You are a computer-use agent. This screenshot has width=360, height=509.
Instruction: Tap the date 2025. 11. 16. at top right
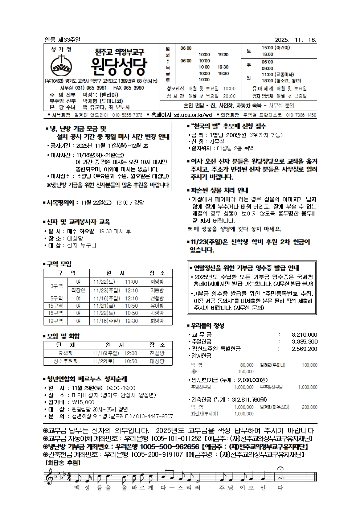point(296,40)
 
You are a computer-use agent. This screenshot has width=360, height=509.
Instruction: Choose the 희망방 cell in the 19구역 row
point(157,321)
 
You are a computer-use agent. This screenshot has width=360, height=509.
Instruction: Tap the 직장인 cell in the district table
point(78,290)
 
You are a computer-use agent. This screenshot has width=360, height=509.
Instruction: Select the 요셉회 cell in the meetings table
point(65,353)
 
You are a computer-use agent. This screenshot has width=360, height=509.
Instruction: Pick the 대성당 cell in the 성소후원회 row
point(157,361)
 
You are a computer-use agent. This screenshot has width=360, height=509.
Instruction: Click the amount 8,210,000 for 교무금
point(304,335)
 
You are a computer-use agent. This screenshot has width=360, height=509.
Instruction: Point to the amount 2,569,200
point(304,349)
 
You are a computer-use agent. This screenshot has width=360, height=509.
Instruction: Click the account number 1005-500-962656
point(169,447)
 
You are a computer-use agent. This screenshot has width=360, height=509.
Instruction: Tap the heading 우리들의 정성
point(207,325)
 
